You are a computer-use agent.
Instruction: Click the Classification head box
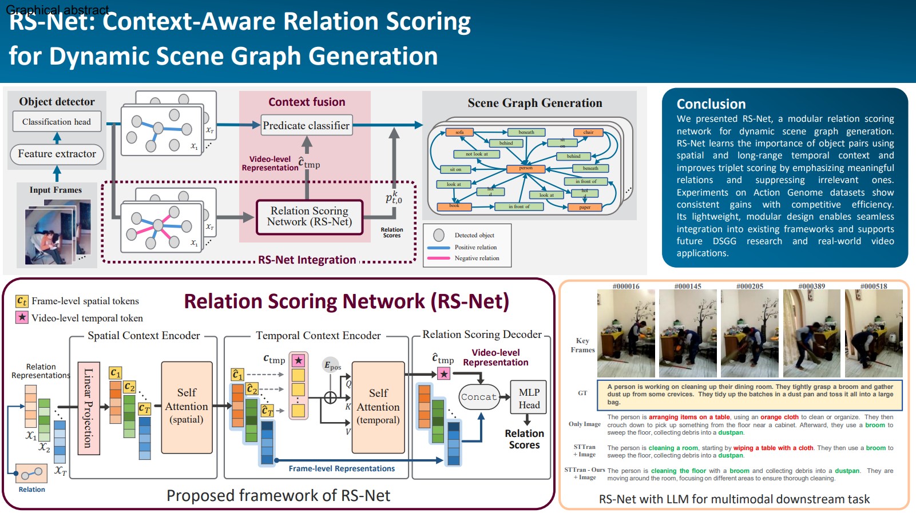click(x=57, y=121)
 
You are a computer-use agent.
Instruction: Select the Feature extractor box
click(x=57, y=154)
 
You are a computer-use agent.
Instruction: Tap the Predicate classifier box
click(x=306, y=125)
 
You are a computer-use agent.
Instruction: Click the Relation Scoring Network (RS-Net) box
click(x=310, y=217)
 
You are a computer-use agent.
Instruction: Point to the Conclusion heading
click(x=711, y=104)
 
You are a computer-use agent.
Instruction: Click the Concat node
click(x=479, y=397)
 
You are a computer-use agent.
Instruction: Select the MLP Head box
click(x=529, y=398)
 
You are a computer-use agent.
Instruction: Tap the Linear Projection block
click(x=88, y=408)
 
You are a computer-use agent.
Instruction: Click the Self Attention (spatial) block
click(x=187, y=407)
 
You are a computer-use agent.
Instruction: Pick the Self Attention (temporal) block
click(x=378, y=407)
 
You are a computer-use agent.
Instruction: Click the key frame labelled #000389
click(x=811, y=333)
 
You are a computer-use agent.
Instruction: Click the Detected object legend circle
click(x=439, y=235)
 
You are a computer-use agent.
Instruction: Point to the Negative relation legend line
click(x=439, y=259)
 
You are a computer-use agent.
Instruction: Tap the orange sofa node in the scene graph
click(x=459, y=132)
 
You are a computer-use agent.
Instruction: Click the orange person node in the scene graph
click(x=525, y=168)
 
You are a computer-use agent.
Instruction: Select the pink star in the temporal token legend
click(x=22, y=317)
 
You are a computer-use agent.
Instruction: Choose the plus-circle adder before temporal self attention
click(x=330, y=397)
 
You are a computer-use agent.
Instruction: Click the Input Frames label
click(x=55, y=190)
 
